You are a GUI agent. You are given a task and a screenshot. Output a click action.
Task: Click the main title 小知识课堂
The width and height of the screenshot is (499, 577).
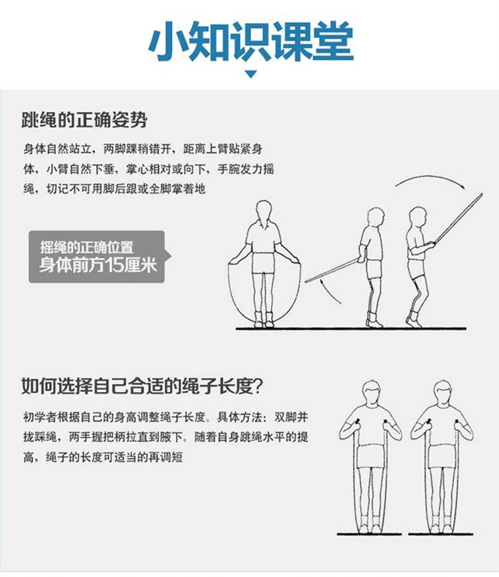coord(251,41)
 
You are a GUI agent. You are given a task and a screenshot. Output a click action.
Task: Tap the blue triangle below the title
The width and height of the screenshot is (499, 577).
coord(251,74)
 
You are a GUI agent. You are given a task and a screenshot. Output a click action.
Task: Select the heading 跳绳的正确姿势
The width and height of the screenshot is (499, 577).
coord(84,120)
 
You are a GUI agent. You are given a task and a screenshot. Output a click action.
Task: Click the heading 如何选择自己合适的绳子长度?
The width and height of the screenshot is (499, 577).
coord(142,386)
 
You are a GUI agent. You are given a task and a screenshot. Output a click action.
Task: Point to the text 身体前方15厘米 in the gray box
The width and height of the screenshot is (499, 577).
coord(98,265)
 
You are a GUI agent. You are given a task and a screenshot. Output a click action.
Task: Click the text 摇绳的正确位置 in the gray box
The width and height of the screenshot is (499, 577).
coord(87,247)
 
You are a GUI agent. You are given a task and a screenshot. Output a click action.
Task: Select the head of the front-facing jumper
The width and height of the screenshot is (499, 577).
coord(263,210)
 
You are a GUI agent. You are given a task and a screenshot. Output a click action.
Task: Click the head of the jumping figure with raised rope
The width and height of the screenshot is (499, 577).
coord(418,216)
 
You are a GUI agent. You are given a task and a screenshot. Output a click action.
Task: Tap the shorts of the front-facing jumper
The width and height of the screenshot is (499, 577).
coord(263,263)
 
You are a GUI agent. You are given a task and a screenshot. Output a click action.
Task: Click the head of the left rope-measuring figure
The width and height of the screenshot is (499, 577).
coord(371,392)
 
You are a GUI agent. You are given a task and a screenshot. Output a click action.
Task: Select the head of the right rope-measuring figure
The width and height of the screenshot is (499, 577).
coord(442,392)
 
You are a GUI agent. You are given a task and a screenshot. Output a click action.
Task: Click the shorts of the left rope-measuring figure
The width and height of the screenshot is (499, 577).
coord(371,457)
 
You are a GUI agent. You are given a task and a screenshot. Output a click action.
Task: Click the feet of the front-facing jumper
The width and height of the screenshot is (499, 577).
coord(263,319)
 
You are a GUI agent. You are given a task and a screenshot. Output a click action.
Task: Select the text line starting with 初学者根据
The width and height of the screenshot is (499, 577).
coord(165,417)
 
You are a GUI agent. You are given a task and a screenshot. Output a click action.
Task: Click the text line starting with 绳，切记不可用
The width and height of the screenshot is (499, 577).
coord(114,189)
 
